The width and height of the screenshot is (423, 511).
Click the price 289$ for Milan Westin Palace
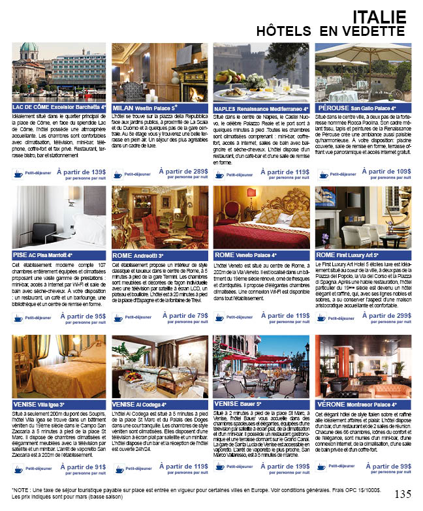[x=196, y=172]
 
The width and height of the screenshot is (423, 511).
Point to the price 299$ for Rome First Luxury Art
[x=399, y=315]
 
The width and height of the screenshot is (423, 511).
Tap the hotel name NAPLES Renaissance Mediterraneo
[x=261, y=108]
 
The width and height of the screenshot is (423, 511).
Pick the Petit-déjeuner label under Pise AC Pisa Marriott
[x=39, y=318]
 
